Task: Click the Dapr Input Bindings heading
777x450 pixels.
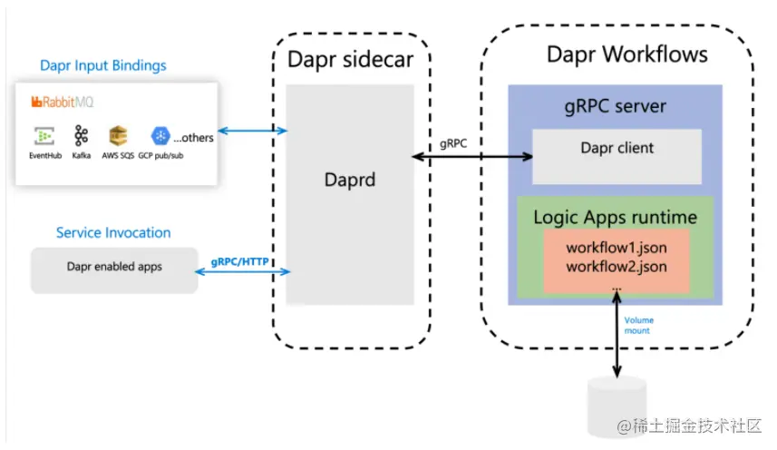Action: click(103, 65)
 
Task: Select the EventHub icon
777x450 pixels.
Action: click(44, 137)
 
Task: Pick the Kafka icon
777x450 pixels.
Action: click(82, 137)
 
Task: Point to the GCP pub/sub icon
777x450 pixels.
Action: click(160, 136)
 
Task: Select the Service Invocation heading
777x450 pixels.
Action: click(113, 233)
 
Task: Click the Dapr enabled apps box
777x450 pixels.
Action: click(114, 268)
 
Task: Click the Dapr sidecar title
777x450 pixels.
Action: click(350, 61)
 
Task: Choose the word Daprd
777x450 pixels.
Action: click(350, 180)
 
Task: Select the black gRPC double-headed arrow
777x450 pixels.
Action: click(471, 157)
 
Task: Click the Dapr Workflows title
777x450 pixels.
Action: click(626, 54)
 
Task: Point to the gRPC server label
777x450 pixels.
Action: click(615, 106)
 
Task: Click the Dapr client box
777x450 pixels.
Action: click(616, 149)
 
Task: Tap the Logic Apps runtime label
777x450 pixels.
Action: click(615, 218)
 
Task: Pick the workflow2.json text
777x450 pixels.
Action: click(616, 266)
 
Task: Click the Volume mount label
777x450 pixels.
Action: click(638, 325)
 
